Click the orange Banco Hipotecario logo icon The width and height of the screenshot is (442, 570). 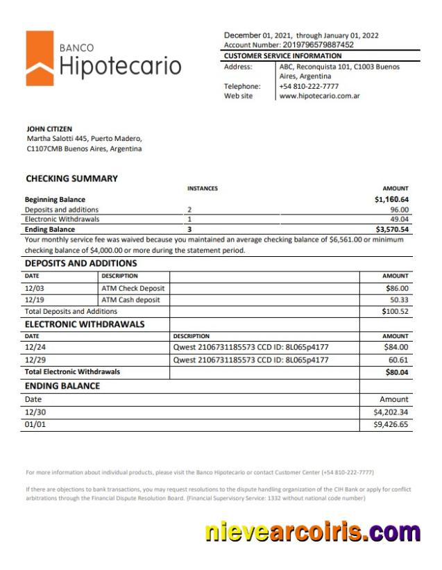tap(40, 58)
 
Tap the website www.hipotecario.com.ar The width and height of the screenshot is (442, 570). tap(318, 97)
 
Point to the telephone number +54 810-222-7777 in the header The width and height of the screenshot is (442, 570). tap(309, 86)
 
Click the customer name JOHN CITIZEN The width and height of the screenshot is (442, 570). tap(49, 129)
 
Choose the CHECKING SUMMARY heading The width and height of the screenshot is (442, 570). tap(71, 178)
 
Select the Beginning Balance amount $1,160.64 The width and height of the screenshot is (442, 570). tap(391, 199)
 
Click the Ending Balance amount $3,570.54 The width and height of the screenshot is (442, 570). tap(392, 229)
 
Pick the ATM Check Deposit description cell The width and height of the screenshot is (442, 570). tap(133, 288)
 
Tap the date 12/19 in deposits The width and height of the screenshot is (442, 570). tap(35, 300)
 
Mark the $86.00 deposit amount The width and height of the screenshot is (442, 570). tap(397, 288)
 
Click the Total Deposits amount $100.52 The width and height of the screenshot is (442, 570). tap(396, 312)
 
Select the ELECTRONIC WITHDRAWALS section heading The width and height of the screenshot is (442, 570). tap(85, 324)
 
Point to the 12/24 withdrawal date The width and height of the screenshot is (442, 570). tap(35, 347)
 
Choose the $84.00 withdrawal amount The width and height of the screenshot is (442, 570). tap(396, 347)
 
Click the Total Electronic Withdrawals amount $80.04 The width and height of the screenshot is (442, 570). tap(397, 372)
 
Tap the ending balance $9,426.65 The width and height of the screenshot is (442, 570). tap(391, 424)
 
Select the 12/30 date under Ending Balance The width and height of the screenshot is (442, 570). tap(35, 412)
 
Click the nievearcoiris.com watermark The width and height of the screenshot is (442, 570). tap(312, 533)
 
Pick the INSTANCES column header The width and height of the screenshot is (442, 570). tap(202, 189)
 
